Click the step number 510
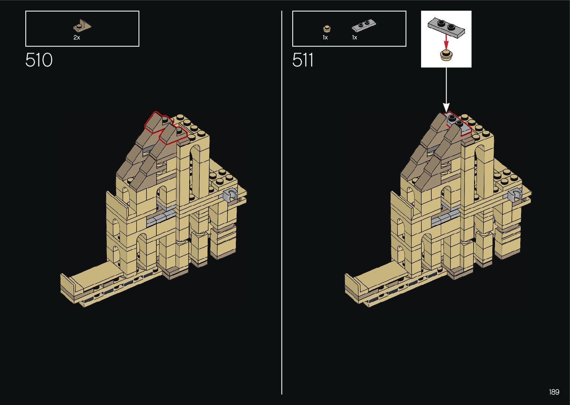pyautogui.click(x=39, y=60)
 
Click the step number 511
pyautogui.click(x=303, y=60)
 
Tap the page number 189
pyautogui.click(x=554, y=392)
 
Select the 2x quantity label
pyautogui.click(x=77, y=38)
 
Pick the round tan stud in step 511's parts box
pyautogui.click(x=327, y=29)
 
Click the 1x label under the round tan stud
pyautogui.click(x=325, y=38)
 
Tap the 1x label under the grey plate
pyautogui.click(x=354, y=38)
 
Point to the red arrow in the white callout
pyautogui.click(x=446, y=41)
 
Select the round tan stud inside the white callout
pyautogui.click(x=446, y=55)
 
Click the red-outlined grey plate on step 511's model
pyautogui.click(x=458, y=123)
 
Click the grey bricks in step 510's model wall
pyautogui.click(x=160, y=216)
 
